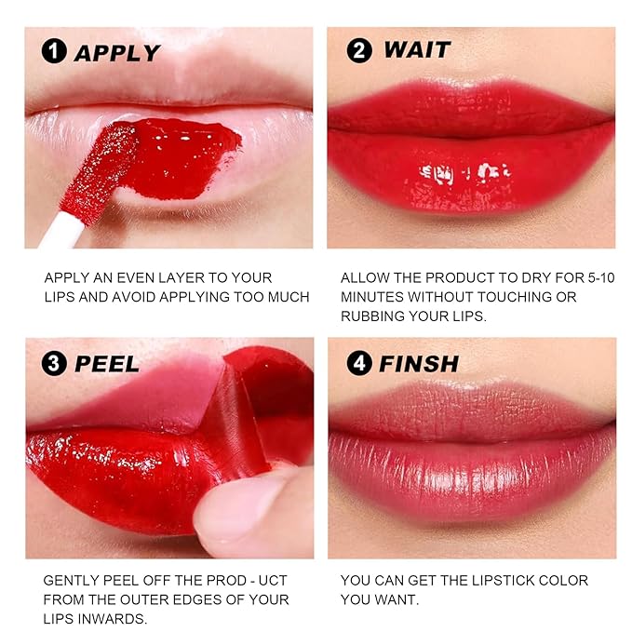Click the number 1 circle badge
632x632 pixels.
pyautogui.click(x=55, y=53)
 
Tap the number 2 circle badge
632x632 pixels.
pyautogui.click(x=359, y=50)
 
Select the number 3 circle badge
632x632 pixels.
pyautogui.click(x=55, y=363)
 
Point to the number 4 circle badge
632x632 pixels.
pyautogui.click(x=359, y=363)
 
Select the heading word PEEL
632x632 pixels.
pyautogui.click(x=107, y=363)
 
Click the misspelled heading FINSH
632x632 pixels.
pyautogui.click(x=419, y=363)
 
